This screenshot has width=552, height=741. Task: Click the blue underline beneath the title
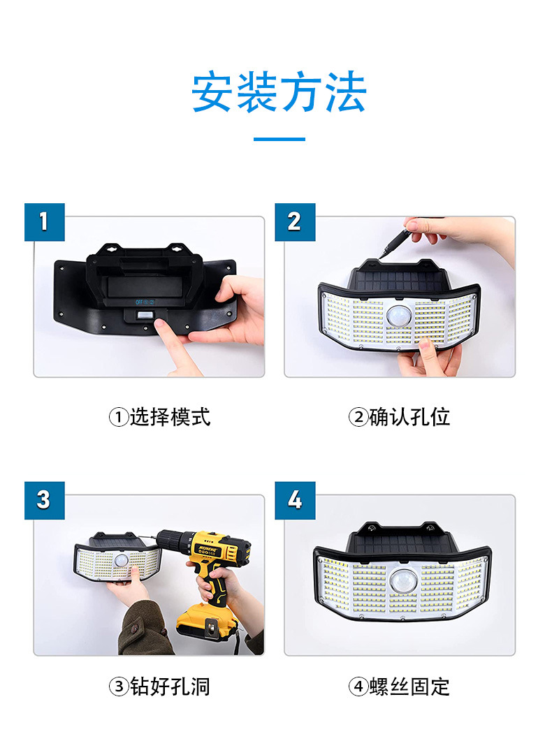coord(279,139)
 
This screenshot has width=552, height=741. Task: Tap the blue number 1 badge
coord(45,222)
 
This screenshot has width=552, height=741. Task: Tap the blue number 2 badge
coord(294,222)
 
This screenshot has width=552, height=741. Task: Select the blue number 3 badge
coord(45,500)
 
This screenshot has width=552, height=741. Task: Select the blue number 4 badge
coord(294,500)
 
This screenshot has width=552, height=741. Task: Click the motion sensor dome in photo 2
coord(399,315)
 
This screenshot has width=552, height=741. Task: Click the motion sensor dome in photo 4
coord(402,580)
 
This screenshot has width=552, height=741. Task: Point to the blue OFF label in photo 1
coord(140,302)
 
